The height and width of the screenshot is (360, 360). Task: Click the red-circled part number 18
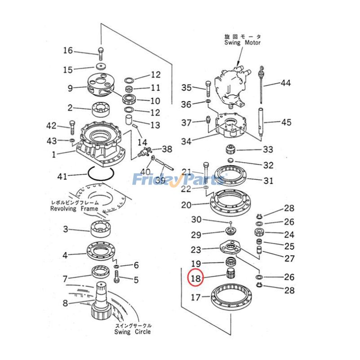[196, 279]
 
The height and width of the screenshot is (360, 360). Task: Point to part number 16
[67, 50]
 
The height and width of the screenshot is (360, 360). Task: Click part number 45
[286, 122]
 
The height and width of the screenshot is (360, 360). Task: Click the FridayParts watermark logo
[178, 180]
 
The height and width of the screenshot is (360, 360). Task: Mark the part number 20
[186, 205]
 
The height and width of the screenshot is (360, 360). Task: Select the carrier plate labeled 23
[230, 248]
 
